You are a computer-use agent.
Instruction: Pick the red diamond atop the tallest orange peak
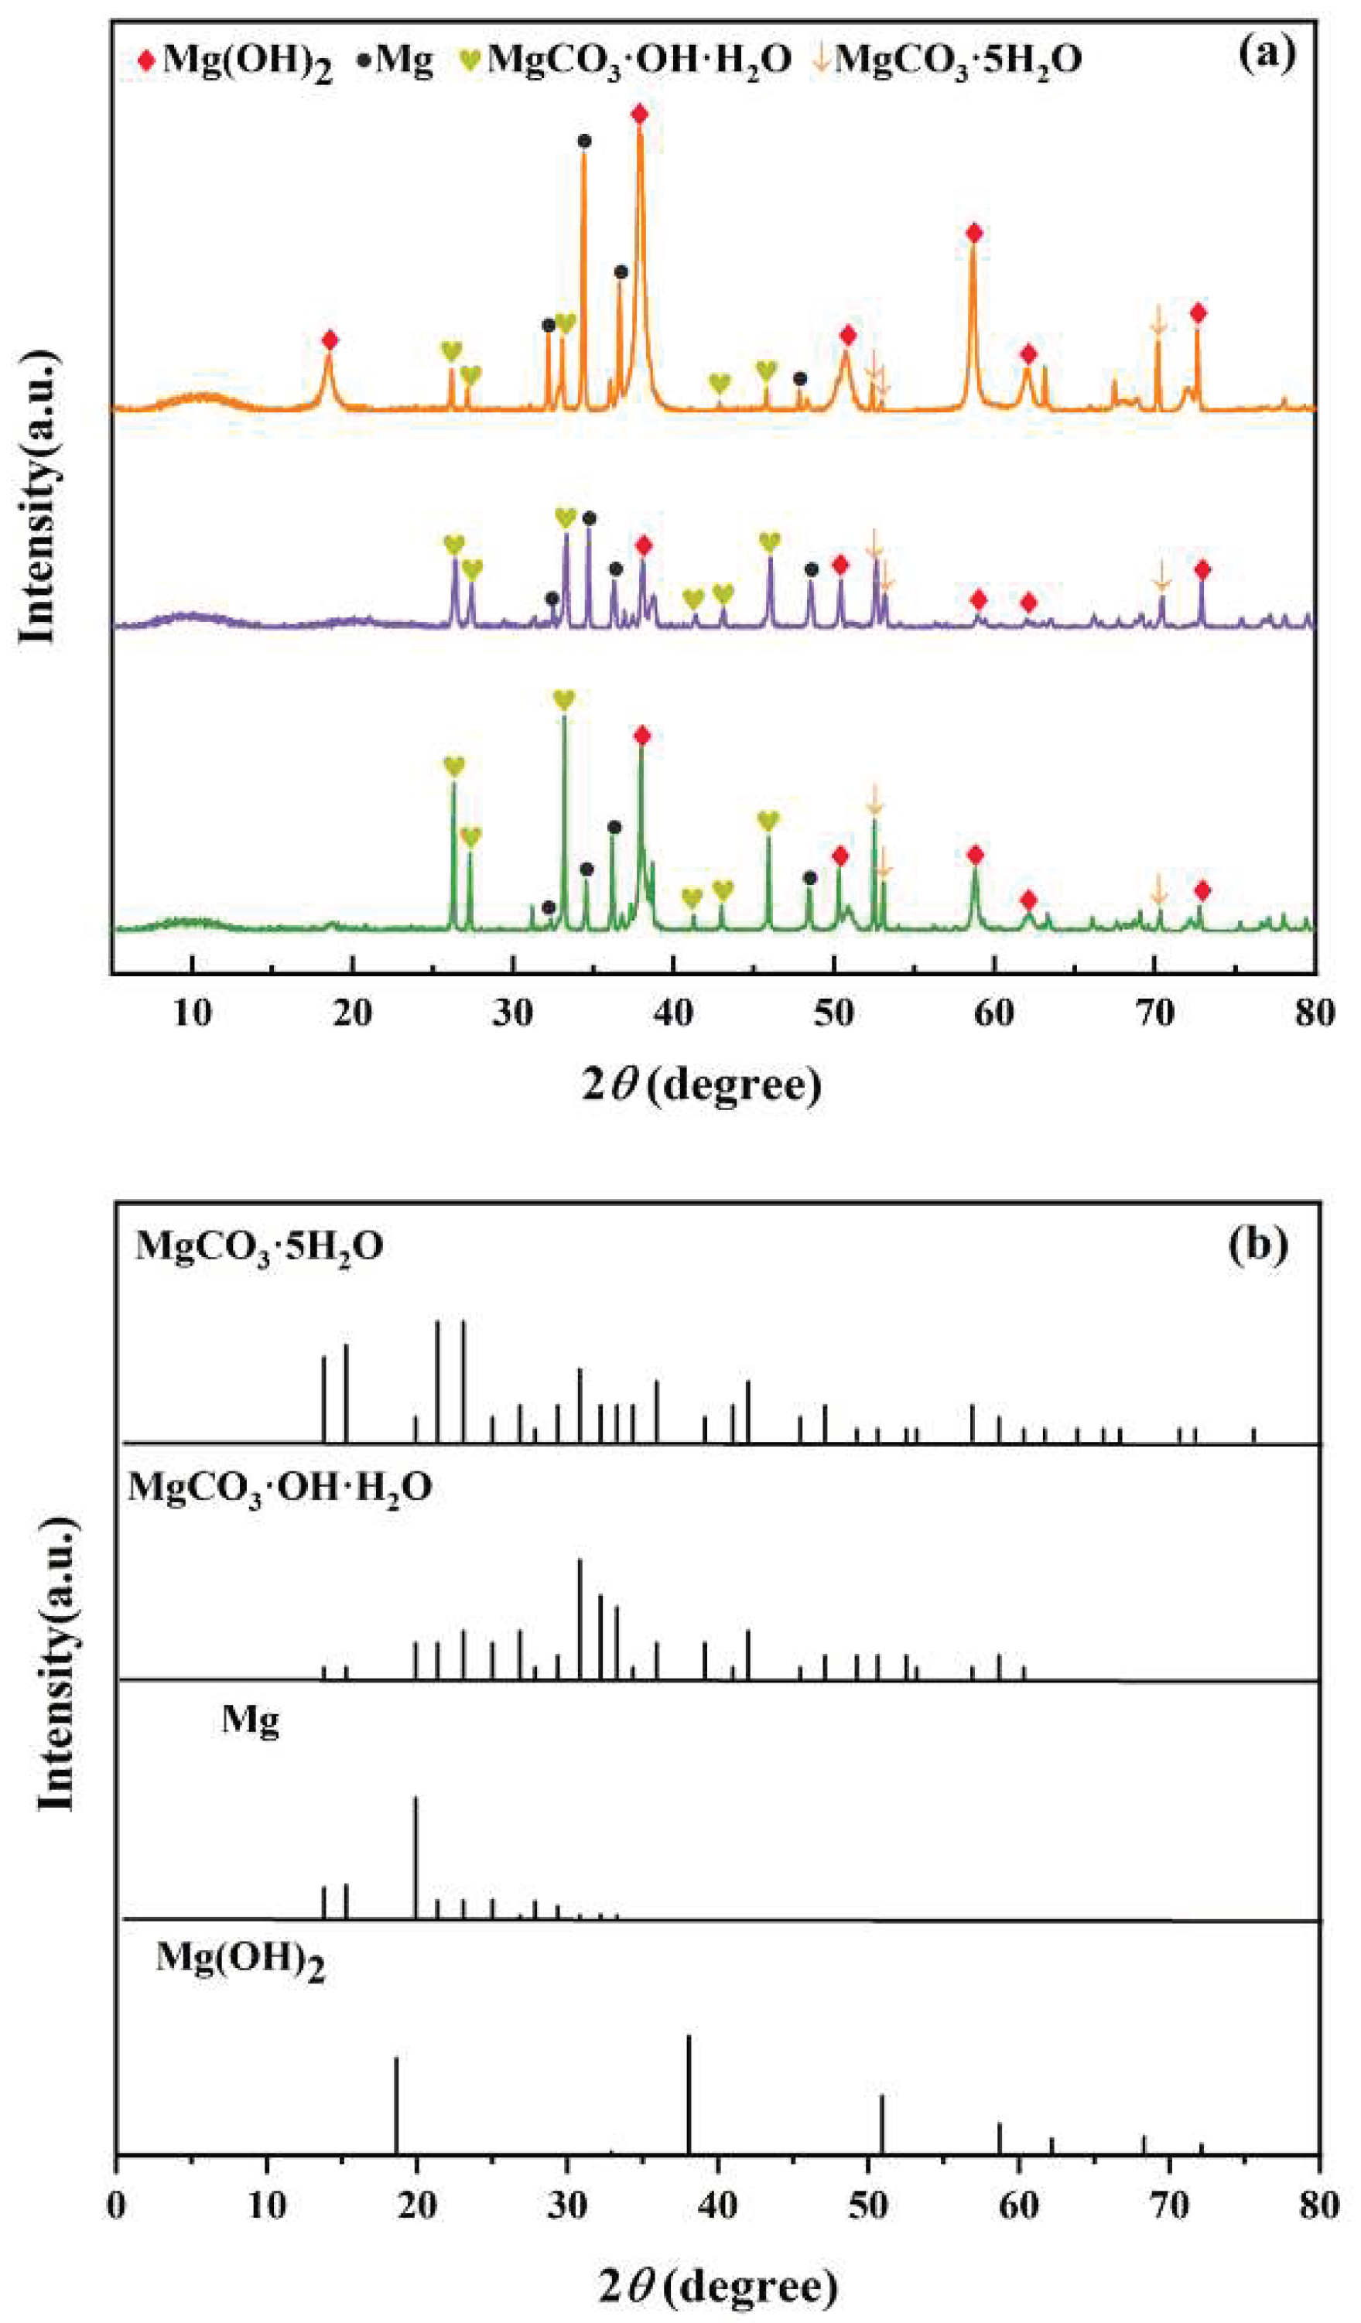click(x=640, y=114)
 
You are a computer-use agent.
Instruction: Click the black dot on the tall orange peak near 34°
click(x=583, y=141)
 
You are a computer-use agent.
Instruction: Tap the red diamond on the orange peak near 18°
click(x=330, y=340)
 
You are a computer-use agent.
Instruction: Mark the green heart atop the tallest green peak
click(x=564, y=699)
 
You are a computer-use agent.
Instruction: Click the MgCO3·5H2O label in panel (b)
click(x=260, y=1246)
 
